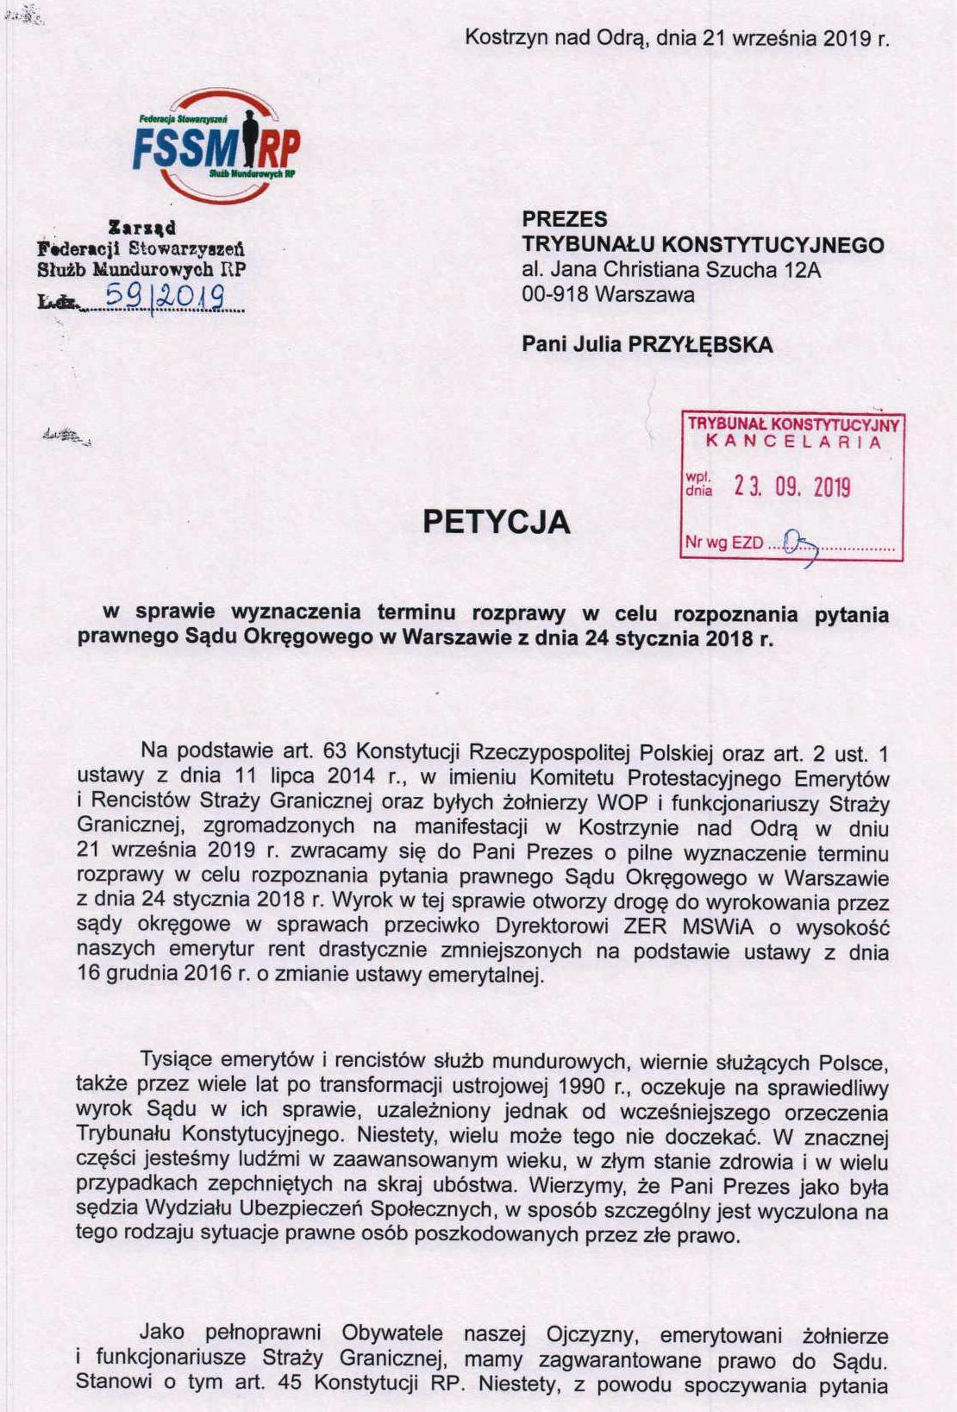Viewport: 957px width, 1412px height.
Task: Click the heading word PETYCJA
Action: click(x=496, y=522)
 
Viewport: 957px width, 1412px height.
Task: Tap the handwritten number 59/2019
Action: click(x=164, y=298)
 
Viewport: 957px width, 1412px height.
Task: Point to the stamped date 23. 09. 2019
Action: click(x=791, y=487)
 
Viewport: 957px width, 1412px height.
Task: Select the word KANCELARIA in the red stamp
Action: click(x=793, y=442)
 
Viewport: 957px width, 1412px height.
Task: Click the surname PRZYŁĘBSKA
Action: click(x=700, y=345)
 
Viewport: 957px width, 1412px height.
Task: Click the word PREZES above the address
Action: click(x=564, y=219)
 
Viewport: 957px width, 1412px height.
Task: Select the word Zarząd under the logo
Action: click(x=142, y=228)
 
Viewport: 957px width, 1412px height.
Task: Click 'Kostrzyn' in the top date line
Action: click(x=497, y=38)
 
